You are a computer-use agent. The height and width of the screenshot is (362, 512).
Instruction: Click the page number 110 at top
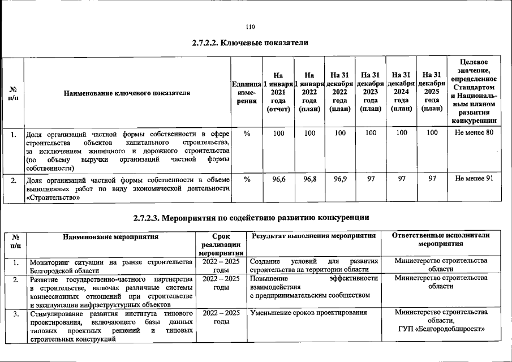[x=251, y=27]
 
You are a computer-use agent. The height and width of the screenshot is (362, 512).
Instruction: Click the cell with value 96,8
[x=309, y=179]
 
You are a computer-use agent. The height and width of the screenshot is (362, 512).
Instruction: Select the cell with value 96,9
[x=339, y=179]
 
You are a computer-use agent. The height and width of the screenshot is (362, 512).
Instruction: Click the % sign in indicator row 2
[x=247, y=179]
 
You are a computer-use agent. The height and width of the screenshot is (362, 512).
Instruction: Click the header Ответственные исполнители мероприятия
[x=441, y=240]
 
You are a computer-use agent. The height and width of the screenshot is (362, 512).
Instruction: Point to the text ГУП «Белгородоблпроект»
[x=441, y=330]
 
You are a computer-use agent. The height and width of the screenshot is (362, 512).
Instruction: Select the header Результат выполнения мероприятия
[x=314, y=236]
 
